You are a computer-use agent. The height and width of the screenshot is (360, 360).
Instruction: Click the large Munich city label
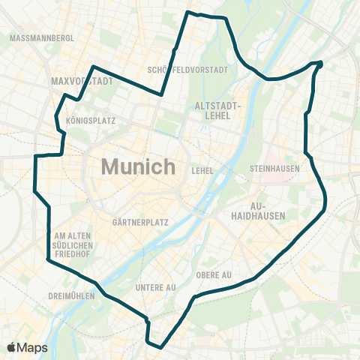click(139, 166)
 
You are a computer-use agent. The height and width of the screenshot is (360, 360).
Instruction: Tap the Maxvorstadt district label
click(82, 81)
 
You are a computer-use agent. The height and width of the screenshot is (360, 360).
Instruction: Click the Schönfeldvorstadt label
click(188, 70)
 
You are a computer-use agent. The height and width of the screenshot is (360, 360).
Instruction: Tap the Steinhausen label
click(274, 168)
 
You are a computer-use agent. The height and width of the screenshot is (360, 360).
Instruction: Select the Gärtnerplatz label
click(139, 223)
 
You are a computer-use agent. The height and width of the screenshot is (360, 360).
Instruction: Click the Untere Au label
click(156, 287)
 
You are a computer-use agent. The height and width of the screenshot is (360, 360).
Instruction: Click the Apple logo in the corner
click(12, 347)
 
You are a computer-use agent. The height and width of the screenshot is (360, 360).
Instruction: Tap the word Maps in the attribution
click(33, 347)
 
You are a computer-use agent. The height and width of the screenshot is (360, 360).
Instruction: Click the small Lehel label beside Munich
click(202, 170)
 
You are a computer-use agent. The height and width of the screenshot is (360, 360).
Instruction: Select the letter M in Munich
click(109, 166)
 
